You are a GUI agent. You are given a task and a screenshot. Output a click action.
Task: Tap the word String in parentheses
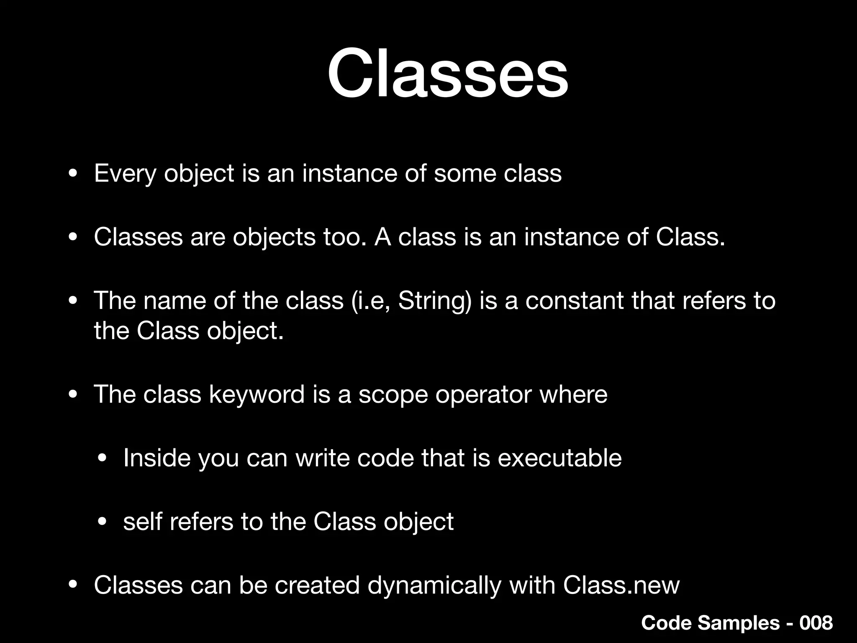point(431,301)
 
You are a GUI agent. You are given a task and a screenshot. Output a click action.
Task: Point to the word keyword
point(257,395)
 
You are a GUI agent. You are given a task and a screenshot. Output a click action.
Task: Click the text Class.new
point(621,585)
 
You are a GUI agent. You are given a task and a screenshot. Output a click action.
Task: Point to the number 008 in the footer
point(816,623)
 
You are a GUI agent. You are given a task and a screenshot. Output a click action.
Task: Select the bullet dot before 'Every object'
point(73,174)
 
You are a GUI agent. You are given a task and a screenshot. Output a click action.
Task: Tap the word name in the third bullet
point(174,301)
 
